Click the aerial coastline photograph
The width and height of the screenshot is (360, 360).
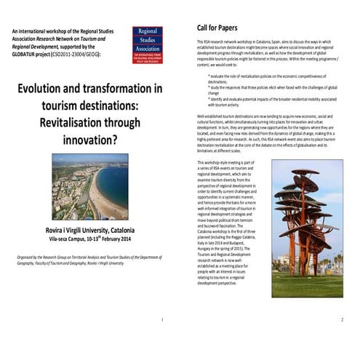89,185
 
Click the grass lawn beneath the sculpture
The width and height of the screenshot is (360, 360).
306,287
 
